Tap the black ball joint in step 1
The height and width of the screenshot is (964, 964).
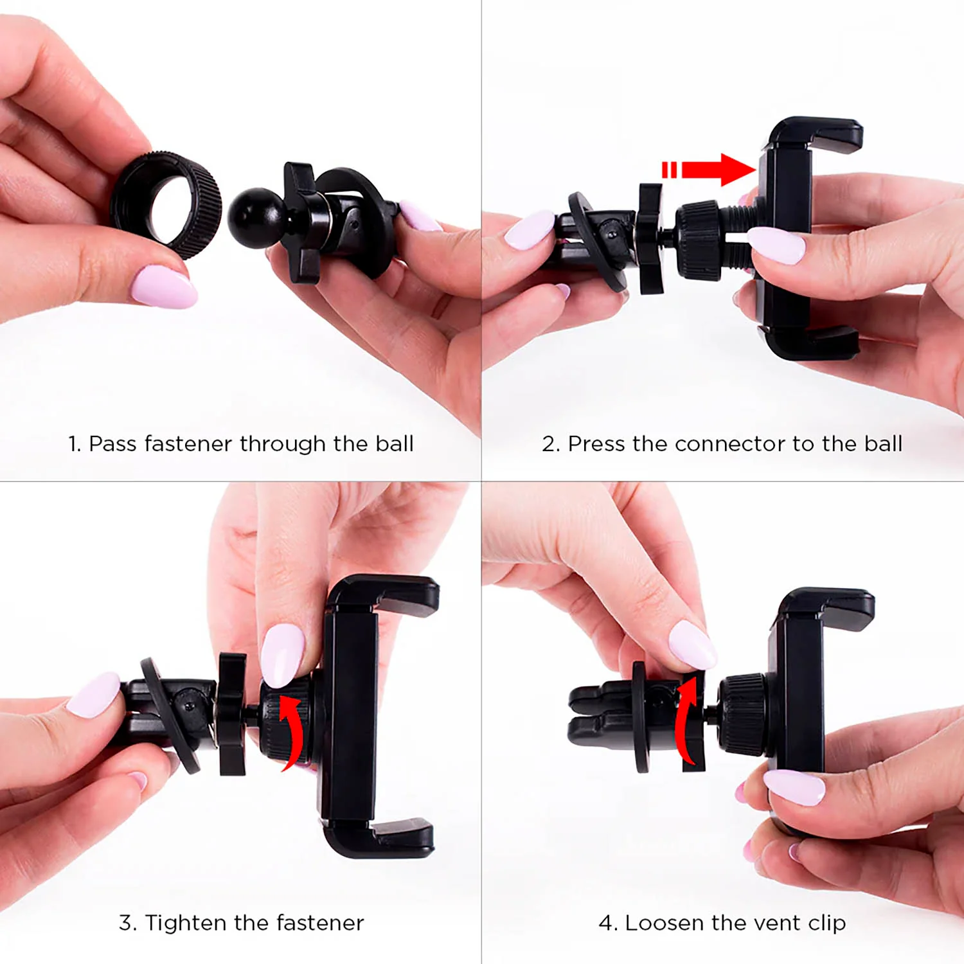click(257, 215)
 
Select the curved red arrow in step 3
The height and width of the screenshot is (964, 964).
click(293, 733)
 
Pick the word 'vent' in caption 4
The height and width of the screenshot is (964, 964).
click(778, 924)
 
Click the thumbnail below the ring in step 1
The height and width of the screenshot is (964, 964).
click(164, 287)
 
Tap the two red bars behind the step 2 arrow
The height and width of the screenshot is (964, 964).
click(669, 170)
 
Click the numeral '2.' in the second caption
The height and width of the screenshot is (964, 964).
click(551, 443)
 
